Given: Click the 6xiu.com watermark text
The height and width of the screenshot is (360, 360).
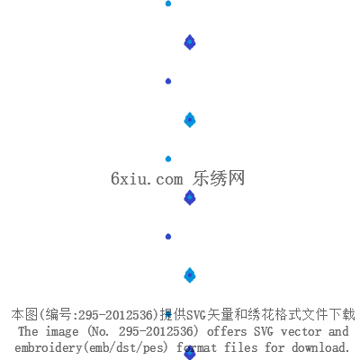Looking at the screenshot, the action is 147,178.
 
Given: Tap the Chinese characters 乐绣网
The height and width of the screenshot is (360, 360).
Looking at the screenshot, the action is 219,178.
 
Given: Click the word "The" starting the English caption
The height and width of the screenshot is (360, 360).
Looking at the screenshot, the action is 28,331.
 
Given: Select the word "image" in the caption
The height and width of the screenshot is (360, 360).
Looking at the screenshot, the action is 62,332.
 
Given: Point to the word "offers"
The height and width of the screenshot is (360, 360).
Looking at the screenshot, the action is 227,331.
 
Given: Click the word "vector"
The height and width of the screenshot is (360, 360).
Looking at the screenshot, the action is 301,332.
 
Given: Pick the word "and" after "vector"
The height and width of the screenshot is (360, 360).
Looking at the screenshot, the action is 338,331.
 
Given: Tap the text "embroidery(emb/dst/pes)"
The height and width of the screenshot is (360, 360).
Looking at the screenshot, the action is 91,347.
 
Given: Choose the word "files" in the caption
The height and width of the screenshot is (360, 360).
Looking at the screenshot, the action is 241,347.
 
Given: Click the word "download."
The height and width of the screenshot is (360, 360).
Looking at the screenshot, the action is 321,347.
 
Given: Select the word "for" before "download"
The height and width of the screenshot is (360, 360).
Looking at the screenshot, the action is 274,347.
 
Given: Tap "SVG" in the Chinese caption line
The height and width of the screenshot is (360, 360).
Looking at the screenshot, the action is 196,315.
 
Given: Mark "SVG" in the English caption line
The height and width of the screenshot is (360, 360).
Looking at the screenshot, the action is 264,331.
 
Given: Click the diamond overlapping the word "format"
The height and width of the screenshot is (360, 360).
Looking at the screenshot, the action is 190,353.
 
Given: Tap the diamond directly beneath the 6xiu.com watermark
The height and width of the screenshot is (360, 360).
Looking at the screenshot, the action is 190,198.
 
